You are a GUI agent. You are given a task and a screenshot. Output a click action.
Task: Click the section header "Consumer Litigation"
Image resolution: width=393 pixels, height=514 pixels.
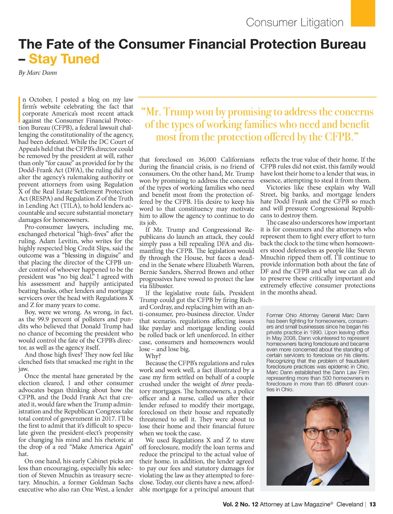tap(294, 22)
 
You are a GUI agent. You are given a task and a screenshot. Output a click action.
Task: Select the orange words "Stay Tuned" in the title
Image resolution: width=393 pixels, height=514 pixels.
tap(64, 59)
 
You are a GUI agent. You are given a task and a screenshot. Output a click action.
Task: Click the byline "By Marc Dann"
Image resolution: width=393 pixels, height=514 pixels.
tap(38, 73)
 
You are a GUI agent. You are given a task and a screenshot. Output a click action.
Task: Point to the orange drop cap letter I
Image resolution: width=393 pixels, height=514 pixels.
tap(20, 110)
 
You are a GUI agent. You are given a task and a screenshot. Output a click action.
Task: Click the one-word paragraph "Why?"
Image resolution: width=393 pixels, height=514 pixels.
tap(153, 356)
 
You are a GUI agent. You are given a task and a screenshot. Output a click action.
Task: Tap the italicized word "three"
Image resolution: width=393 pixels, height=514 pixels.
tap(228, 384)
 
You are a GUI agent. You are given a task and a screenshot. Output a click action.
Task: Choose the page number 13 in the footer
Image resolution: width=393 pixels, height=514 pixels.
tap(372, 504)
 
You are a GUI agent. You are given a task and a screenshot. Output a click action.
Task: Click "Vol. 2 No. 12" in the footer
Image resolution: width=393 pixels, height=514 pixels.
tap(240, 504)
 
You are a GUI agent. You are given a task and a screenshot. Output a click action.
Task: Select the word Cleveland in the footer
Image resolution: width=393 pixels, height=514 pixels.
tap(349, 504)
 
